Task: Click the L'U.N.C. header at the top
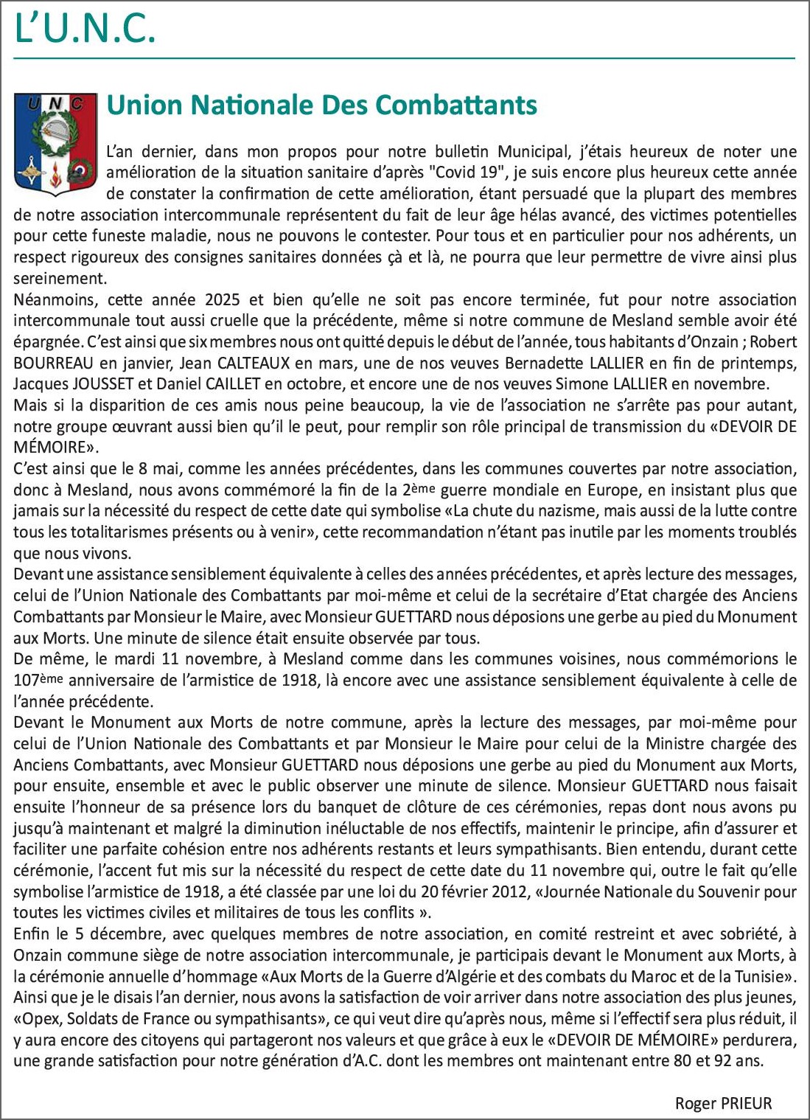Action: (x=85, y=29)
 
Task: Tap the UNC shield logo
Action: (x=55, y=144)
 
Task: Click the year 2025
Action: (x=222, y=300)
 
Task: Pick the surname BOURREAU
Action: (x=53, y=364)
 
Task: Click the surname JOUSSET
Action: (x=105, y=384)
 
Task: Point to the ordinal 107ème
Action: (x=38, y=681)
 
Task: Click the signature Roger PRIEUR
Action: (x=723, y=1104)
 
